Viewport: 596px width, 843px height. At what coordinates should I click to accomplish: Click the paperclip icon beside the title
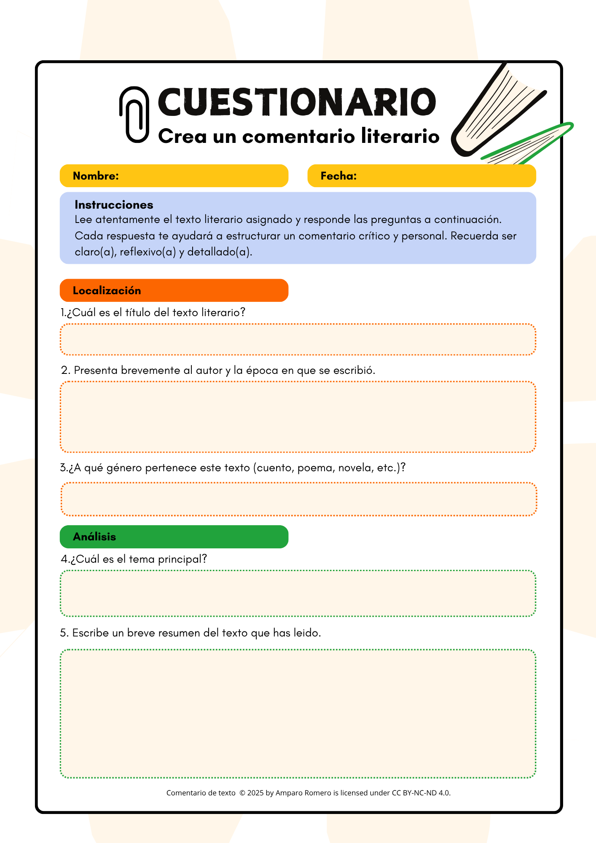[134, 115]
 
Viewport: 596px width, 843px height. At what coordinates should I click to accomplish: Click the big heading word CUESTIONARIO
[297, 102]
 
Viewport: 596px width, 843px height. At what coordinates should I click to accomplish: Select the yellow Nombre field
[174, 176]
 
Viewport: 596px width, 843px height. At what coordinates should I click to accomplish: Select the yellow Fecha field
[421, 176]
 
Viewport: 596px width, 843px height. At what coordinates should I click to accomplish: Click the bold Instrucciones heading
[114, 205]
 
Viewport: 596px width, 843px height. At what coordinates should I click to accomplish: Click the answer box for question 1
[298, 340]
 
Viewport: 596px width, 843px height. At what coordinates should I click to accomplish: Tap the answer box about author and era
[298, 417]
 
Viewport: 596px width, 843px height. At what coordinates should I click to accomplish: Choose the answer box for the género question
[298, 499]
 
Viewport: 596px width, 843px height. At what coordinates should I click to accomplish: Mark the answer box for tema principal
[298, 593]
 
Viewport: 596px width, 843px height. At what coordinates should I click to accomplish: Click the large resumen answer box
[298, 714]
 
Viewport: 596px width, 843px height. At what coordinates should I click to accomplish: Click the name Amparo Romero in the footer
[303, 793]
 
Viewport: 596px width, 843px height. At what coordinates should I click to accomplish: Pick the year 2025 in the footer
[255, 793]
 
